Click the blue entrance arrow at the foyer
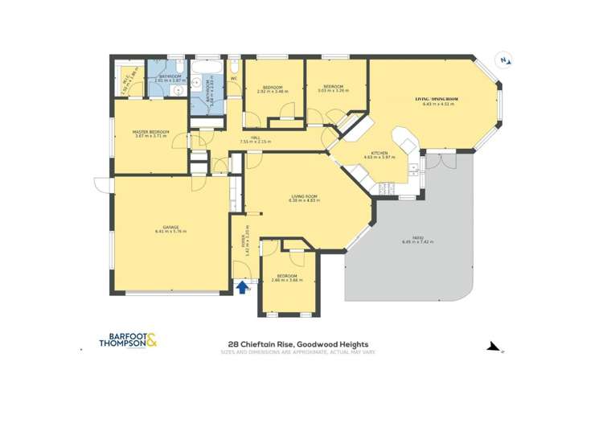(x=244, y=286)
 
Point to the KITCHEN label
(x=379, y=153)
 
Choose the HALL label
(x=254, y=138)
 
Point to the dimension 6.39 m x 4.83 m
(x=305, y=200)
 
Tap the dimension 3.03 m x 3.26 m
(x=334, y=92)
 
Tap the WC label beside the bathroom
(x=234, y=79)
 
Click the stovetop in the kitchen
(x=384, y=187)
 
